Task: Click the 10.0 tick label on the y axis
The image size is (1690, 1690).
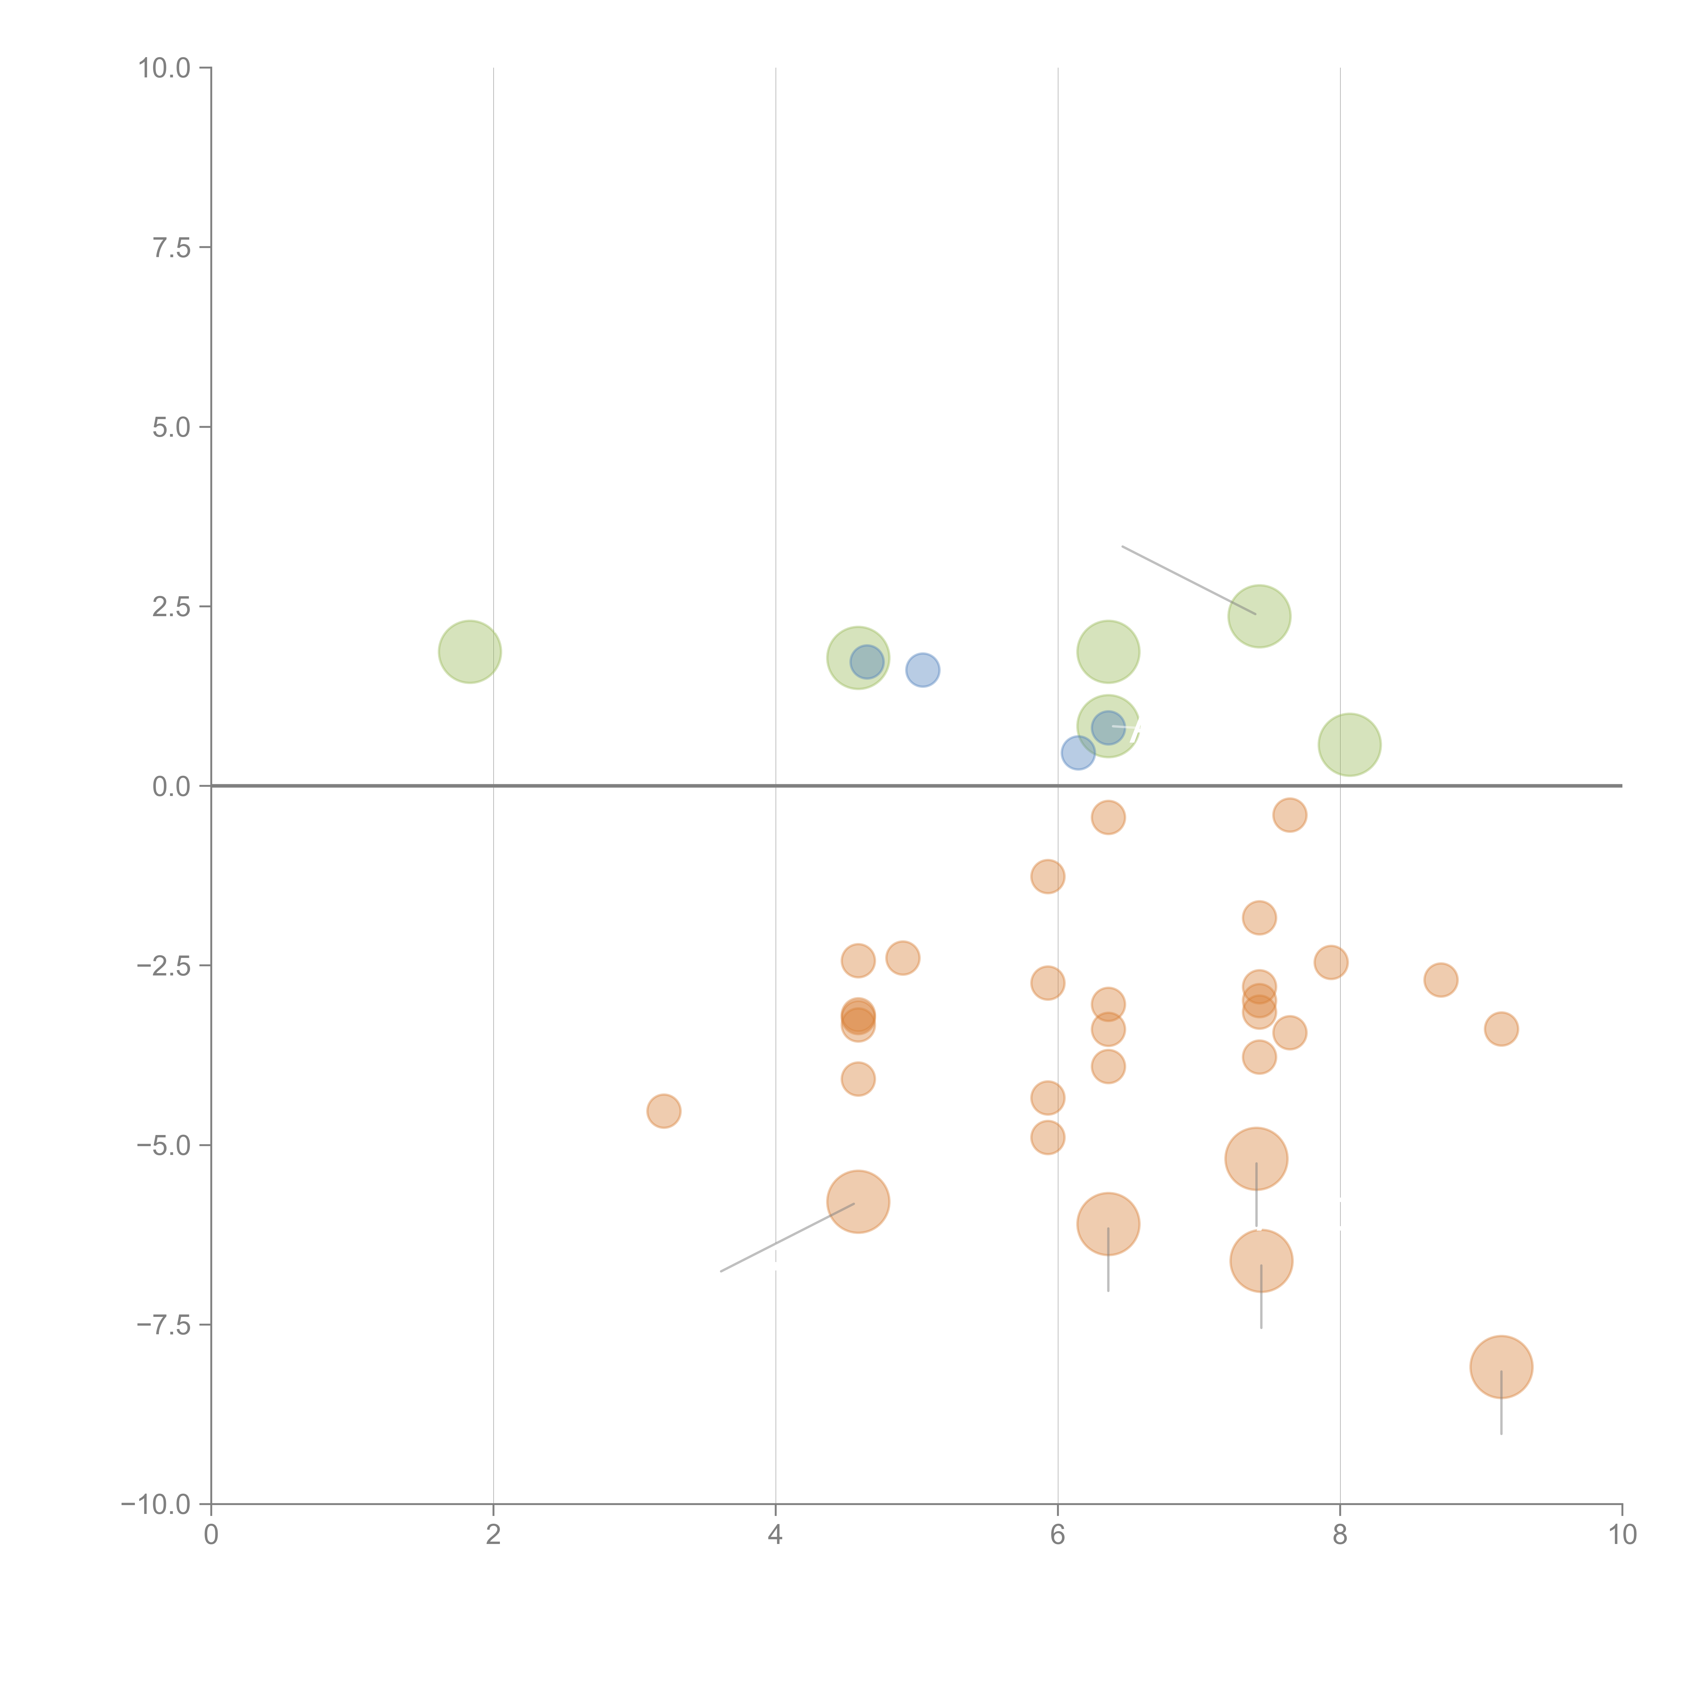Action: coord(165,68)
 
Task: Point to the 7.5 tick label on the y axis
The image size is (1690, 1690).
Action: coord(171,247)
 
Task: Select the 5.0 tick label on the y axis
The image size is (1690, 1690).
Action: coord(171,427)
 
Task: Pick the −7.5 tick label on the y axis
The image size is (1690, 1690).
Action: coord(165,1324)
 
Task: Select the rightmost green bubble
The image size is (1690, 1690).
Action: coord(1350,744)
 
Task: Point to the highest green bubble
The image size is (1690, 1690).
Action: coord(1259,616)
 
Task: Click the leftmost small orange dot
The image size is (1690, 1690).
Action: coord(664,1111)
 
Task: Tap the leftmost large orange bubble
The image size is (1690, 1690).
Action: coord(858,1201)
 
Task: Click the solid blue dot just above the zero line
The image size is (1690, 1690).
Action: coord(1078,752)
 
